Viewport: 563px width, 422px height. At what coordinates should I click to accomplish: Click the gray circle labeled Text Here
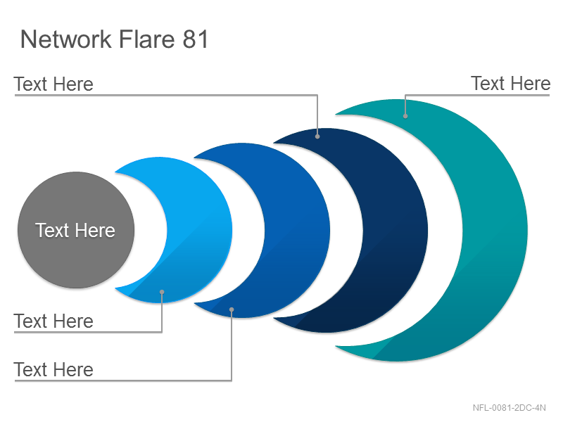pyautogui.click(x=76, y=230)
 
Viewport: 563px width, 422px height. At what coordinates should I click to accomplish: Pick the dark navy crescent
pyautogui.click(x=395, y=231)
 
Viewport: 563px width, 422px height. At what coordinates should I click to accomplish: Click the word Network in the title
pyautogui.click(x=66, y=39)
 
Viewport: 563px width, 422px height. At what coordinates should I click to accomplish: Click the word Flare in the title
pyautogui.click(x=146, y=39)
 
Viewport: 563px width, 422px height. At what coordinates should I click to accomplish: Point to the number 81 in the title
pyautogui.click(x=196, y=39)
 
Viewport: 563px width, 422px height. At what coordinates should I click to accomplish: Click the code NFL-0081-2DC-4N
pyautogui.click(x=509, y=408)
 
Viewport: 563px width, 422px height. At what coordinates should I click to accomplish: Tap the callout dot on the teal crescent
pyautogui.click(x=405, y=116)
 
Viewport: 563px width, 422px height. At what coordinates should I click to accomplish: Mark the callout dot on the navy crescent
pyautogui.click(x=317, y=136)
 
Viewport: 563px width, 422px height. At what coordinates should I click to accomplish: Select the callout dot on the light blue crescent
pyautogui.click(x=162, y=292)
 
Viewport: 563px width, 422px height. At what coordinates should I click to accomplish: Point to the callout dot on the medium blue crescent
pyautogui.click(x=232, y=309)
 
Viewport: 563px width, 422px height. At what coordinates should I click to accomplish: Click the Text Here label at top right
pyautogui.click(x=511, y=84)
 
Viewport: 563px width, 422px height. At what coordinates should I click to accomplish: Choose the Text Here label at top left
pyautogui.click(x=53, y=84)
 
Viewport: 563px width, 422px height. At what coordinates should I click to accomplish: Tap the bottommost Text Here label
pyautogui.click(x=53, y=370)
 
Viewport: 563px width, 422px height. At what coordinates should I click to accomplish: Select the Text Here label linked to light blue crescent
pyautogui.click(x=53, y=321)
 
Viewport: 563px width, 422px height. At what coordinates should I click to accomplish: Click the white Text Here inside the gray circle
pyautogui.click(x=75, y=230)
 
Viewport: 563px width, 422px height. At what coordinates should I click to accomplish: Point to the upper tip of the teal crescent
pyautogui.click(x=336, y=115)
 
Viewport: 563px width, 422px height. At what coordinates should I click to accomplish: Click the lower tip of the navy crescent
pyautogui.click(x=274, y=318)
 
